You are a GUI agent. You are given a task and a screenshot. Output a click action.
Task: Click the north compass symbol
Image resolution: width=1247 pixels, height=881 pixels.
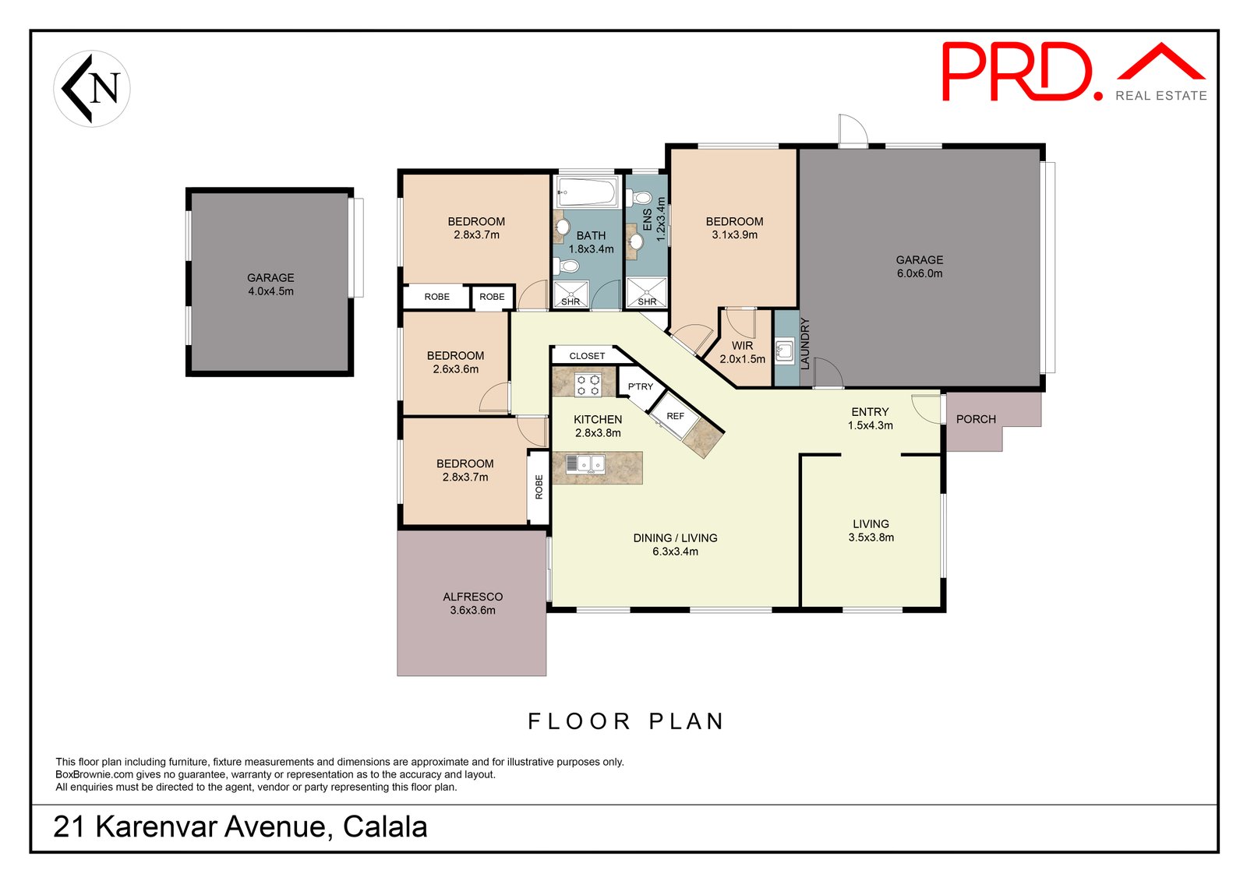pos(92,89)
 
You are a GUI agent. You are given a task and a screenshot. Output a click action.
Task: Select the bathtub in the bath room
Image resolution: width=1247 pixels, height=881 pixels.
pos(587,192)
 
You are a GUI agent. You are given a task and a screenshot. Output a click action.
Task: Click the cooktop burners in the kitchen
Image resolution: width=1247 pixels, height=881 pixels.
pos(588,385)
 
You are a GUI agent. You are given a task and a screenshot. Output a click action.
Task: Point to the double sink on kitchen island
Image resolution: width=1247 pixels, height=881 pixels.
pos(585,464)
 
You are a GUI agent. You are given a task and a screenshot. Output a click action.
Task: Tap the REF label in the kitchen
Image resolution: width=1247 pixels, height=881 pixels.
pos(675,416)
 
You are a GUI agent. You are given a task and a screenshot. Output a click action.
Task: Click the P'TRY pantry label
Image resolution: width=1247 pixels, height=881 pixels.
pos(640,386)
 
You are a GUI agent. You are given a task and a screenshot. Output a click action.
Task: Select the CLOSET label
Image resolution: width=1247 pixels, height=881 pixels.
pos(587,356)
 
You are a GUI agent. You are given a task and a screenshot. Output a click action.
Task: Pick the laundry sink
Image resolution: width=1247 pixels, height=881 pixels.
pos(785,351)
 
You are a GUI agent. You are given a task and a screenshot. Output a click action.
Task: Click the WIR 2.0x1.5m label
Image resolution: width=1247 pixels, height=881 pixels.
pos(742,352)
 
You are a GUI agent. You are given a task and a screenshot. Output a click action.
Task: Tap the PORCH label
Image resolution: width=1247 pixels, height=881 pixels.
pos(976,419)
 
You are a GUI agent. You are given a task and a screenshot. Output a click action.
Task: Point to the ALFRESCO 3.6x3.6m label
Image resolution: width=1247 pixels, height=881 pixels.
pos(472,603)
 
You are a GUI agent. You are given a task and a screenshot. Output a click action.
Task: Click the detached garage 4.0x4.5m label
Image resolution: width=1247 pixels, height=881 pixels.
pos(270,284)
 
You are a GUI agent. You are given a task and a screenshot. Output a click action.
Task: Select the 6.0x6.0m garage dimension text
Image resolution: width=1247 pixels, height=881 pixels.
pos(920,273)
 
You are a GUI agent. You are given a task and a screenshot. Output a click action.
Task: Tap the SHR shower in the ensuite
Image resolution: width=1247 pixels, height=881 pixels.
pos(646,292)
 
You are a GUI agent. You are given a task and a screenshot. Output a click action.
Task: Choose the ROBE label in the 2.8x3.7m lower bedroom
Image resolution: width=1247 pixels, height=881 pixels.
pos(539,486)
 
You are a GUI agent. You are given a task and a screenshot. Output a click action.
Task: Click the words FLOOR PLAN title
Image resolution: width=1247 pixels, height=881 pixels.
pos(626,721)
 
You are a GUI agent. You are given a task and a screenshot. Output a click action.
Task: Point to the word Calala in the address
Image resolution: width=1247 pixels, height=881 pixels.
pos(385,826)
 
